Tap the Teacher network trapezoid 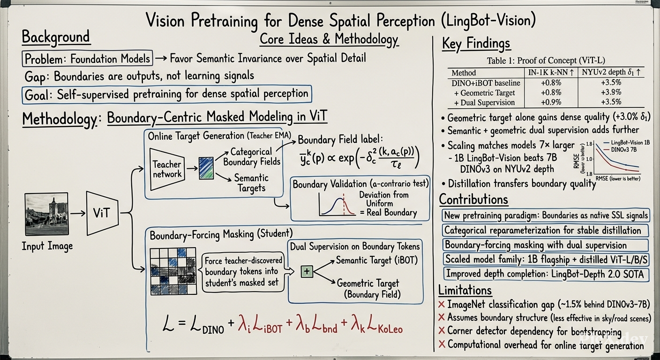(x=167, y=169)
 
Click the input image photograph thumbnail (x=46, y=214)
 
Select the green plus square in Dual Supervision (x=307, y=271)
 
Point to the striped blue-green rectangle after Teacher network (x=206, y=168)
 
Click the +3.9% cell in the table (x=611, y=92)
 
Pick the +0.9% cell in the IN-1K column (x=551, y=102)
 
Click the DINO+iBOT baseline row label (x=486, y=83)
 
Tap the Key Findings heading (x=476, y=44)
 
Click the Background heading (x=56, y=37)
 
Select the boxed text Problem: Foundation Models (x=87, y=58)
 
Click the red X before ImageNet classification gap (x=442, y=304)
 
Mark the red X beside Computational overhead (x=442, y=344)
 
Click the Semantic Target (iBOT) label (x=377, y=260)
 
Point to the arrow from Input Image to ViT (x=78, y=213)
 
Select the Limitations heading (x=465, y=290)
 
